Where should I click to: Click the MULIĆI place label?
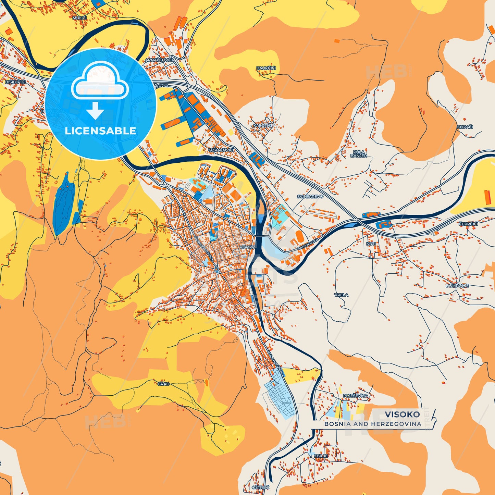click(79, 17)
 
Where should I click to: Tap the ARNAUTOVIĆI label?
click(159, 60)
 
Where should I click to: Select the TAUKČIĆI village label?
click(266, 68)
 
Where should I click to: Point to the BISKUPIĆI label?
click(15, 82)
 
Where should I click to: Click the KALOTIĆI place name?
click(263, 126)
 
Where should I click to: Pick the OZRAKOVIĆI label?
click(221, 150)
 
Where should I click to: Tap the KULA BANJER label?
click(359, 154)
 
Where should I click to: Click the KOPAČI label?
click(465, 127)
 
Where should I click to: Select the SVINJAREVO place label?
click(310, 197)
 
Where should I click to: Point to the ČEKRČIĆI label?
click(468, 224)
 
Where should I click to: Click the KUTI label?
click(371, 244)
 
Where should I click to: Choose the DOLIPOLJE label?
click(457, 286)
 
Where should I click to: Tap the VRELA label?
click(341, 295)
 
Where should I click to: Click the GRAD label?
click(163, 384)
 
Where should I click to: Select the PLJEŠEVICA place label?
click(356, 396)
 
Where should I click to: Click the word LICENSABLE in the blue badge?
click(100, 131)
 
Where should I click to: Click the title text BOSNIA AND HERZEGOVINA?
click(373, 424)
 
